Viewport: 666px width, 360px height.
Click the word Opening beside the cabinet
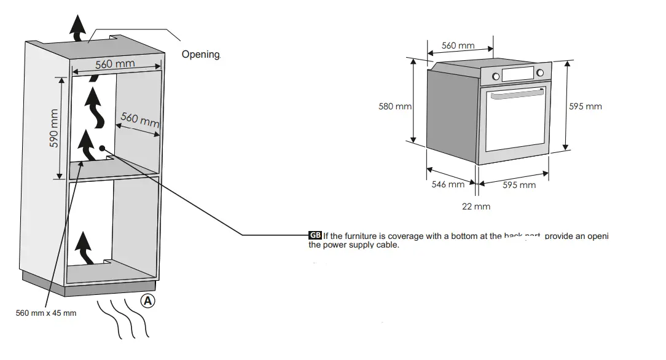click(x=200, y=55)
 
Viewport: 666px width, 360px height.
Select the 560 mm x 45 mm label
click(x=46, y=313)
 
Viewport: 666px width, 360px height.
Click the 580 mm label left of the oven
click(x=395, y=106)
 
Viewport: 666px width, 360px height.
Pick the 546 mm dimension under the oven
click(x=448, y=184)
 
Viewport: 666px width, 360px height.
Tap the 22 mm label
click(x=476, y=206)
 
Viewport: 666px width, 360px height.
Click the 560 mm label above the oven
click(x=458, y=45)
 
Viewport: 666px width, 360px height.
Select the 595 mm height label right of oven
click(x=586, y=106)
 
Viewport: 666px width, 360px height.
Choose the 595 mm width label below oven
click(x=519, y=185)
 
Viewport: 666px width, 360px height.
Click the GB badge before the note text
click(x=315, y=236)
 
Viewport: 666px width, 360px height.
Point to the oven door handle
click(x=515, y=97)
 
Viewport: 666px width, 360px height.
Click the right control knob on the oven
click(x=540, y=74)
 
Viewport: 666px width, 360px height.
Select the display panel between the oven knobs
click(x=518, y=74)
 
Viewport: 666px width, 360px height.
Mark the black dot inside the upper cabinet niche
click(x=101, y=148)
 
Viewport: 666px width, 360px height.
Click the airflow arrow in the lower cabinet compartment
click(x=85, y=249)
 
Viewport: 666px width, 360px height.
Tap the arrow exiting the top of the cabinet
click(x=77, y=28)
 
